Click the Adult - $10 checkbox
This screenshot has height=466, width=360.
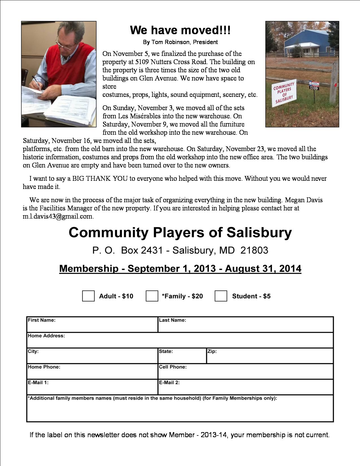point(88,296)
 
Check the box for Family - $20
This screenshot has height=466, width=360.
point(152,296)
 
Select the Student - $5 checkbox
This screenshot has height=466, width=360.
point(221,296)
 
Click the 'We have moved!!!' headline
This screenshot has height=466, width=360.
point(180,30)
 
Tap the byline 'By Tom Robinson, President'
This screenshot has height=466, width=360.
point(180,42)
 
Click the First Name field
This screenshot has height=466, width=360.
point(92,327)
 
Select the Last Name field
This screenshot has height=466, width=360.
point(246,327)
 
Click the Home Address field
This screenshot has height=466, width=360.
point(180,342)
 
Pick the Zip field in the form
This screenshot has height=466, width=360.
point(270,358)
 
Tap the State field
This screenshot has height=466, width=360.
point(182,358)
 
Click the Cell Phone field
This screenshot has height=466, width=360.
point(246,373)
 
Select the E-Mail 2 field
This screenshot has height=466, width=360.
point(246,389)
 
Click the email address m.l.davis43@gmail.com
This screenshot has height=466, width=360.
point(58,217)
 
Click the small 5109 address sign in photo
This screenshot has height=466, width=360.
point(314,88)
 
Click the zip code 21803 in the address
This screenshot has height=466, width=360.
point(254,250)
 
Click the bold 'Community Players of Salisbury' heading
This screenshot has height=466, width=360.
point(180,233)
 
